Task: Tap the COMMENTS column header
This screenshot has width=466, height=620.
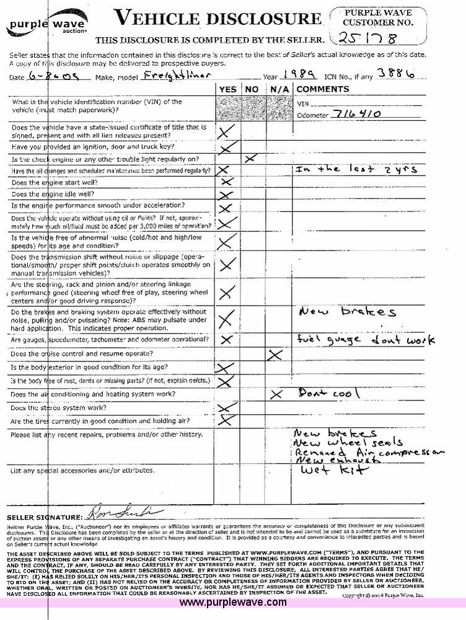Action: tap(322, 89)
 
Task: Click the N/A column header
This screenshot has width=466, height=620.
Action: tap(276, 89)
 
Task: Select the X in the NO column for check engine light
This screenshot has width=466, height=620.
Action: tap(250, 159)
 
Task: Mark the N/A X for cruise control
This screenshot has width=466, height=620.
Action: tap(276, 355)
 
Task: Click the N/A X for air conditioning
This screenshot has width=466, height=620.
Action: tap(276, 394)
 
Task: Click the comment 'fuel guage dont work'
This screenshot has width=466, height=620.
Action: tap(366, 340)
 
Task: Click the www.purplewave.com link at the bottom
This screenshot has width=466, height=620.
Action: tap(233, 602)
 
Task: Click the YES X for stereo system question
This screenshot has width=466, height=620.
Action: tap(228, 407)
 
